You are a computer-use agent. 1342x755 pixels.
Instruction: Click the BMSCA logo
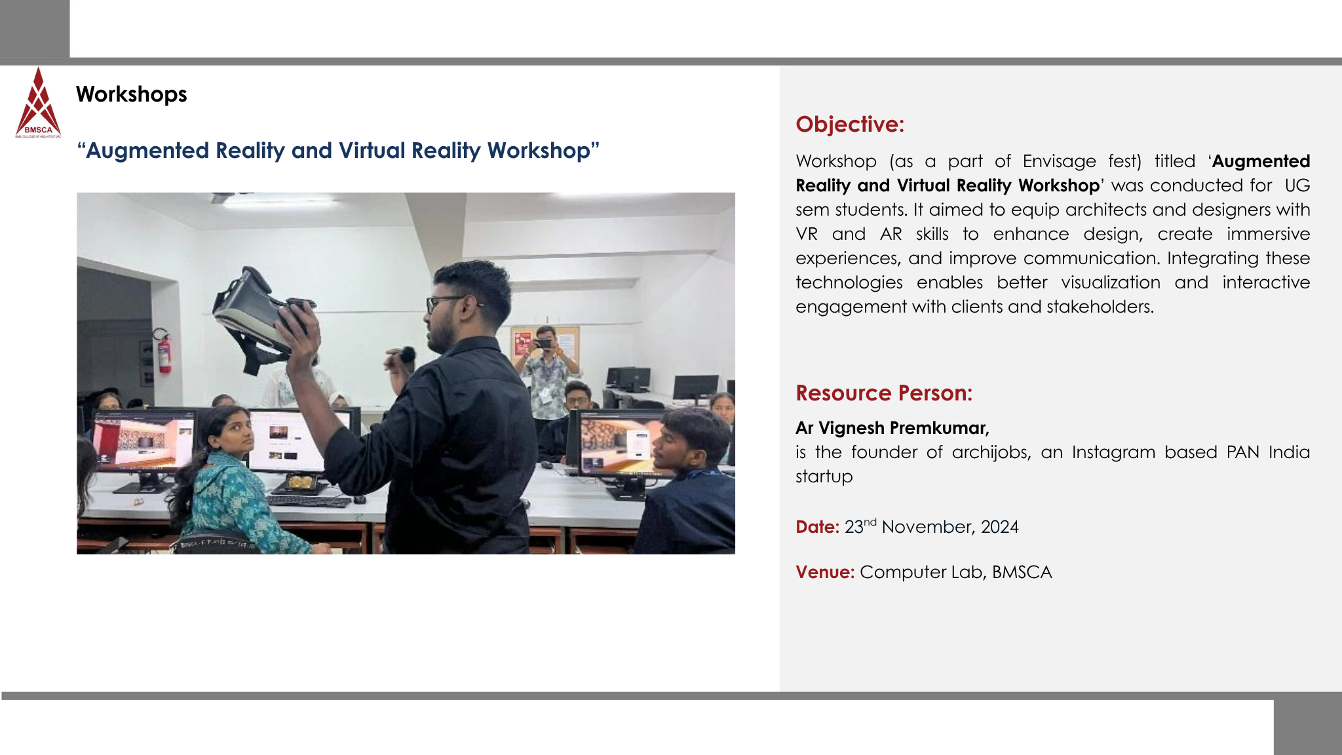coord(38,103)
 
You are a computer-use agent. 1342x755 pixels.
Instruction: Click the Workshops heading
coord(131,94)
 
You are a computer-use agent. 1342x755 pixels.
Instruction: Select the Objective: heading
coord(850,124)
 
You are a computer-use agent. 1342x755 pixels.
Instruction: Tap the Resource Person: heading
coord(884,393)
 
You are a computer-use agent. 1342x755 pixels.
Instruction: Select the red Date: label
coord(817,527)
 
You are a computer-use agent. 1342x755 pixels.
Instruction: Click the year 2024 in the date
coord(1000,527)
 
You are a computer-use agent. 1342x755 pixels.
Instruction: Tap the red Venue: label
coord(825,572)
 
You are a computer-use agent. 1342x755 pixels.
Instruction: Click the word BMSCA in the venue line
coord(1022,572)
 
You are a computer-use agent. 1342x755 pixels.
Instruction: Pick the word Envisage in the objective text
coord(1060,161)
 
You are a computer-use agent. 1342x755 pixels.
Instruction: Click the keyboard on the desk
coord(309,501)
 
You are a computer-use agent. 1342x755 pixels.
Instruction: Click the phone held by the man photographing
coord(544,343)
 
